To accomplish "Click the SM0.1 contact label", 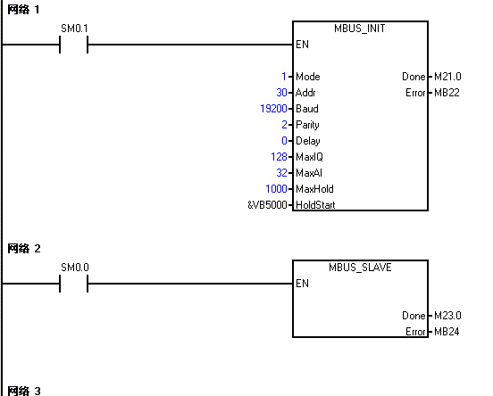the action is pos(74,29).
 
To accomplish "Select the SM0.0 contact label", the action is pos(75,268).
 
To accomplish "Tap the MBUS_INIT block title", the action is pos(360,29).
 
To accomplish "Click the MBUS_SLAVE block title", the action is pos(360,268).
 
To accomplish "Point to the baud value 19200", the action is pos(273,109).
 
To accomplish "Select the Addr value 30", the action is pos(281,93).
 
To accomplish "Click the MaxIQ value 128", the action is pos(279,157).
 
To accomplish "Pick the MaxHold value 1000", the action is pos(276,189).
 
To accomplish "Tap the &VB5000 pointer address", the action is pos(267,205).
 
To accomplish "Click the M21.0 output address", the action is pos(447,77).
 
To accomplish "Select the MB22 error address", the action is pos(447,93).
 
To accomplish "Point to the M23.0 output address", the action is pos(447,316).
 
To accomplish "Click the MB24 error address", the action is pos(447,332).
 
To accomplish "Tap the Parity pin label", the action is pos(307,125).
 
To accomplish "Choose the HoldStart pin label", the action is pos(315,205).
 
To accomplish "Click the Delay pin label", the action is pos(308,141).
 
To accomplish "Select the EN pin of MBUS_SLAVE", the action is pos(302,284).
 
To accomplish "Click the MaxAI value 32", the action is pos(281,173).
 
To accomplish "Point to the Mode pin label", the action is pos(308,77).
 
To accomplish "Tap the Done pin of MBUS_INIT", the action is pos(414,77).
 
